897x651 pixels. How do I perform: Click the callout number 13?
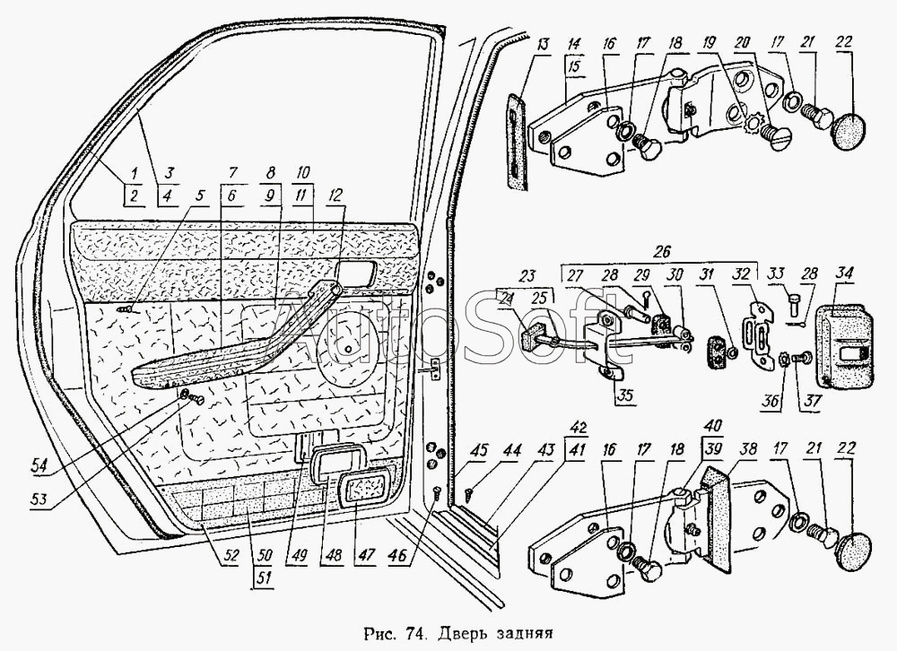point(543,45)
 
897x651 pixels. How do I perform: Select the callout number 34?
point(844,273)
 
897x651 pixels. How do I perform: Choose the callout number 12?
point(335,195)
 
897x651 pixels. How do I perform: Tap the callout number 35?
point(624,395)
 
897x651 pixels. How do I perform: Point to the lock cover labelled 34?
point(844,347)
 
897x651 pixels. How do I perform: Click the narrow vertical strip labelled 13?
point(518,140)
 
